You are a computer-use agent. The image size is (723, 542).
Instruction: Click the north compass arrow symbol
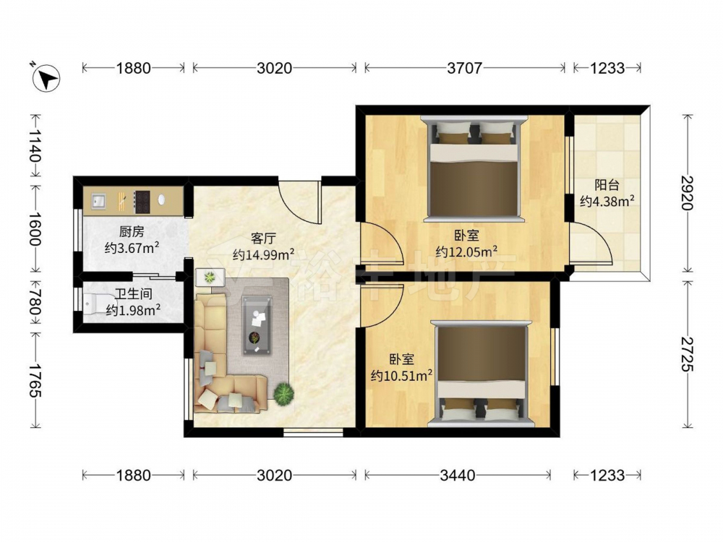point(46,77)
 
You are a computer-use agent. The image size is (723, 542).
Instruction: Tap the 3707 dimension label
point(464,68)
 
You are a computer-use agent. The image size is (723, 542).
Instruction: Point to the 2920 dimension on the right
point(688,193)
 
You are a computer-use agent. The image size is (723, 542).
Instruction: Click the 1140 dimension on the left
point(35,145)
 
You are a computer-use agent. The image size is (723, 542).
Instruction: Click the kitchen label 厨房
point(132,231)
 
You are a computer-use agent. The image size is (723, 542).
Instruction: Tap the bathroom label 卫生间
point(133,293)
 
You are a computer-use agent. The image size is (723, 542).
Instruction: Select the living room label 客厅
point(263,238)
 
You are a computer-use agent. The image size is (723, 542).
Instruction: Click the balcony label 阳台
point(607,185)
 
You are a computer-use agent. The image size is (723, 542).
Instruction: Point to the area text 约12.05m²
point(466,251)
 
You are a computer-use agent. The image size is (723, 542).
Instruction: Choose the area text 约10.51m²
point(401,376)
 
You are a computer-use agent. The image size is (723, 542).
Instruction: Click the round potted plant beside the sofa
point(284,395)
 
